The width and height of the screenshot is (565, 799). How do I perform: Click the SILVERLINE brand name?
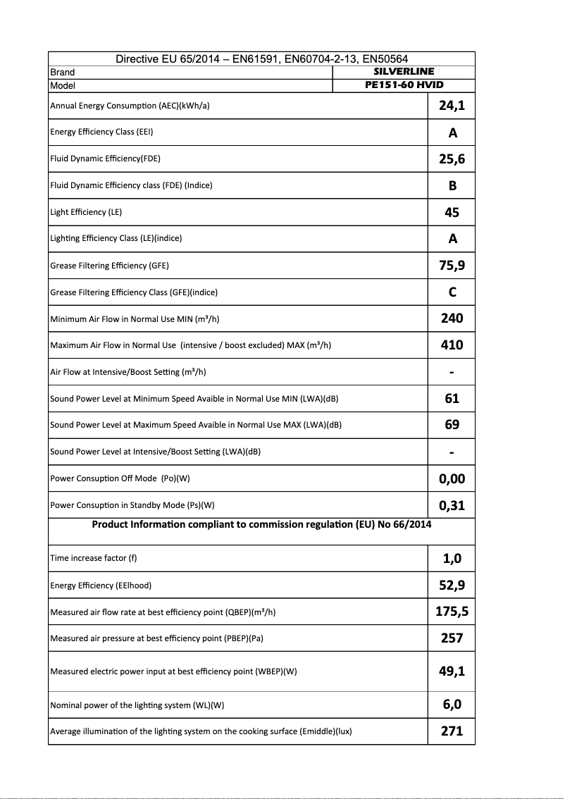point(404,71)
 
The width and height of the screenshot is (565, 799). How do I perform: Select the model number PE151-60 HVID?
point(404,85)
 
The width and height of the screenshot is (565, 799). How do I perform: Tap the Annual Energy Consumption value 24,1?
point(452,106)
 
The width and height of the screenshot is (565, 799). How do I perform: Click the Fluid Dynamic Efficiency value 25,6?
point(452,159)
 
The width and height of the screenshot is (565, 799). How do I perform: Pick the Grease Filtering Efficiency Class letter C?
point(452,292)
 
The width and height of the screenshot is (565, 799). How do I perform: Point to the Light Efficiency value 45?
point(452,212)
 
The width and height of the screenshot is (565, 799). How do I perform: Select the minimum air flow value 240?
point(452,318)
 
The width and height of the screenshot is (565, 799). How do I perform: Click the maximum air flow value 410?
point(452,345)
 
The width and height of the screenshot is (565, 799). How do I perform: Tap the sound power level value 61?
point(452,399)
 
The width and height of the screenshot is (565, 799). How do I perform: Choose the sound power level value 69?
point(452,425)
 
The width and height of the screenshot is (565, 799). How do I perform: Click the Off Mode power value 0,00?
point(452,479)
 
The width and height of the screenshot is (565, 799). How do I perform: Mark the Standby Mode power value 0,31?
point(452,506)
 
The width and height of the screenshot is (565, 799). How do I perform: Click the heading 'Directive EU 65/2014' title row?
point(261,59)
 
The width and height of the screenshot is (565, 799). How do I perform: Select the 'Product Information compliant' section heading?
point(261,524)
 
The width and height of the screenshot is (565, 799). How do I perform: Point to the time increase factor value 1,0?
point(452,559)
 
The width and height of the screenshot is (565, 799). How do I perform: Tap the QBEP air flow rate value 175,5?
point(452,612)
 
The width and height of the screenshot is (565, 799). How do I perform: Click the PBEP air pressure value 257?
point(452,638)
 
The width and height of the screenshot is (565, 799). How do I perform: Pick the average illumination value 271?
point(452,731)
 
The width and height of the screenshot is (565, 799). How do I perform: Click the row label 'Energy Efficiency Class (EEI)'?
point(101,132)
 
